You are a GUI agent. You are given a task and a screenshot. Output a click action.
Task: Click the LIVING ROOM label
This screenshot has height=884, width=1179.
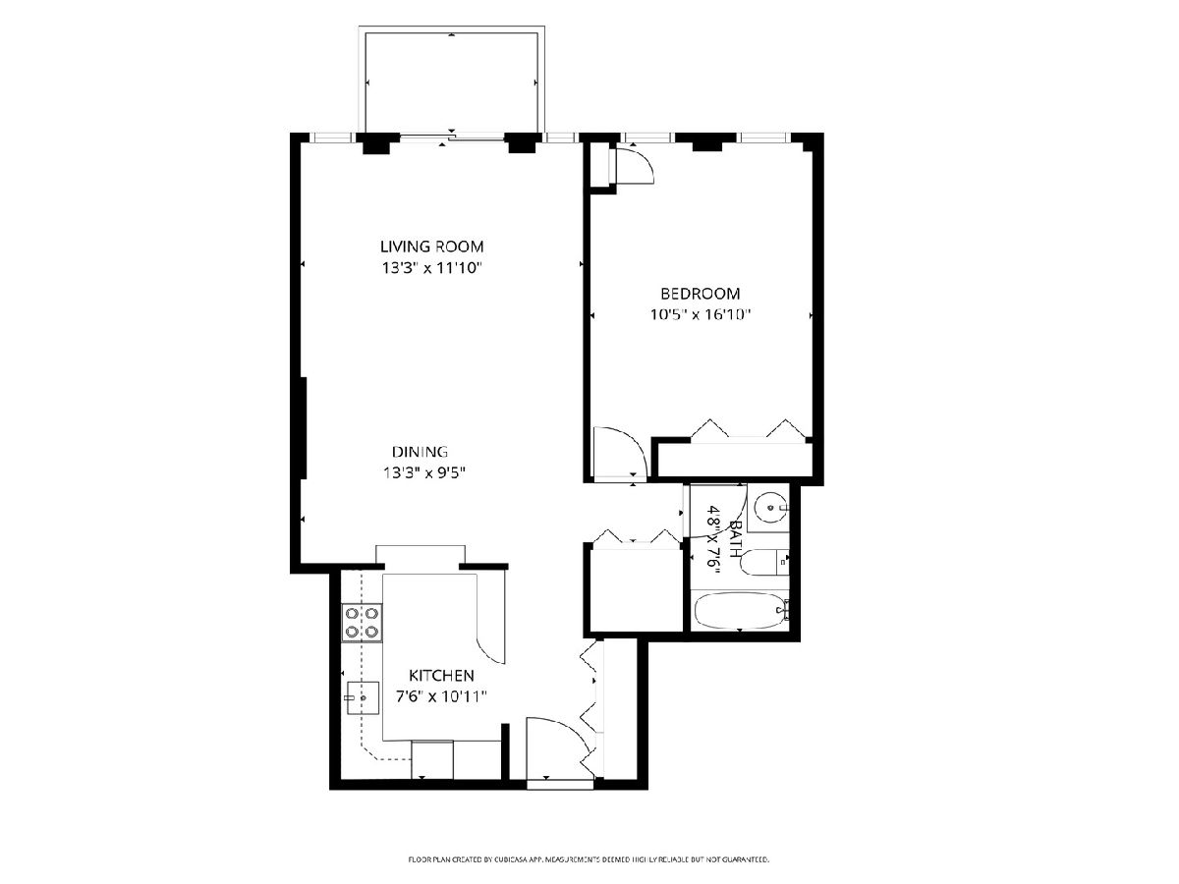[432, 247]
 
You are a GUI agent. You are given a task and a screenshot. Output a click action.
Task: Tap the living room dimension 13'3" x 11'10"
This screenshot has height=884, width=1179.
[430, 268]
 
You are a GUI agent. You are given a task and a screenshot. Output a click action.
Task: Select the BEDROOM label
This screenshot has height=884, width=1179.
[701, 294]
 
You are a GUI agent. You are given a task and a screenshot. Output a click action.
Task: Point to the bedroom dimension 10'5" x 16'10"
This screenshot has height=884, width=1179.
[700, 314]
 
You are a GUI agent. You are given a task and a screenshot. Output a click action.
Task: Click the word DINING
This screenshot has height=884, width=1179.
[420, 452]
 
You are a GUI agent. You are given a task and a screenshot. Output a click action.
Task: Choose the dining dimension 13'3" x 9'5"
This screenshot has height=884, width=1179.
[423, 472]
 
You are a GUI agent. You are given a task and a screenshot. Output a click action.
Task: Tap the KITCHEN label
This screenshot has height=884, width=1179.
[441, 675]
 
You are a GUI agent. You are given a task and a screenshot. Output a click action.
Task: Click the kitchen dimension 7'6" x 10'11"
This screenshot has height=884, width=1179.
[441, 696]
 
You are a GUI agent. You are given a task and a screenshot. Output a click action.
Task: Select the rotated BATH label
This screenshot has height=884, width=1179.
[736, 539]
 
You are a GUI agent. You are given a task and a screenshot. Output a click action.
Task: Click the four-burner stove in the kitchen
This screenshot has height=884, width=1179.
[363, 623]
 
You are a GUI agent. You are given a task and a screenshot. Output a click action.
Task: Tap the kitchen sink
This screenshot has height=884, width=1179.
[363, 697]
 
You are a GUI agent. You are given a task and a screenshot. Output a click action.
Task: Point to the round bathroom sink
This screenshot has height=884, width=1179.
[770, 507]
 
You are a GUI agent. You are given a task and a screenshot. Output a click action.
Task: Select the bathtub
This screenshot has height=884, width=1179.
[740, 611]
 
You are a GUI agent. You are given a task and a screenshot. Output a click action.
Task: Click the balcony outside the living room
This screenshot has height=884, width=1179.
[452, 82]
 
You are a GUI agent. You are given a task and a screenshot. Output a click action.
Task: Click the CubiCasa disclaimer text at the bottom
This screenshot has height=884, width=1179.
[589, 859]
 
